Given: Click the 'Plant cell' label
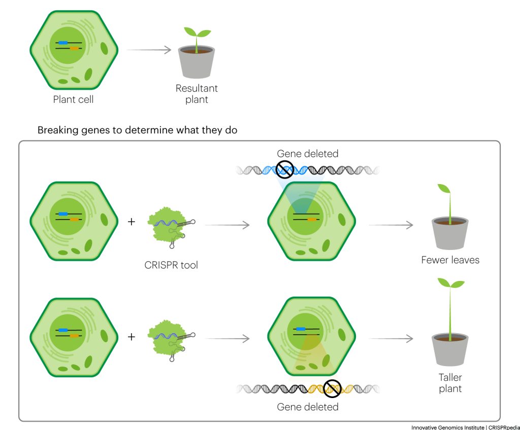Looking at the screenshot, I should tap(73, 99).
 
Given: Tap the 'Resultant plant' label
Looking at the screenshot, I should tap(197, 94).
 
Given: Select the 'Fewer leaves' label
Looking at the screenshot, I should tap(450, 260).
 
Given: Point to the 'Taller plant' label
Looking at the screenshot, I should tap(450, 383).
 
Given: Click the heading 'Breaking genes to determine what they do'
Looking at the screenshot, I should tap(138, 130).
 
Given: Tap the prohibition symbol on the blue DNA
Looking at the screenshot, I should tap(285, 170).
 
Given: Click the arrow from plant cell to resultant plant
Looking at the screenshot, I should tap(148, 50).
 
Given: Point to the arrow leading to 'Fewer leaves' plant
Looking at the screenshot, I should tap(391, 225).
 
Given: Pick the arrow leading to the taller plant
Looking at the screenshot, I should tap(391, 338).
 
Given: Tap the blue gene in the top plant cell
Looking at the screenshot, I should tap(63, 43).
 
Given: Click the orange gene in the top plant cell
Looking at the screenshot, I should tap(74, 49).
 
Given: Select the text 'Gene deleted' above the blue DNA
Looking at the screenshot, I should tap(307, 153).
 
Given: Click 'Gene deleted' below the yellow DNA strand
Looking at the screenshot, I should tap(307, 407).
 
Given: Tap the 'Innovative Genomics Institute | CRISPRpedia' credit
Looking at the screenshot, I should tap(465, 427).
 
